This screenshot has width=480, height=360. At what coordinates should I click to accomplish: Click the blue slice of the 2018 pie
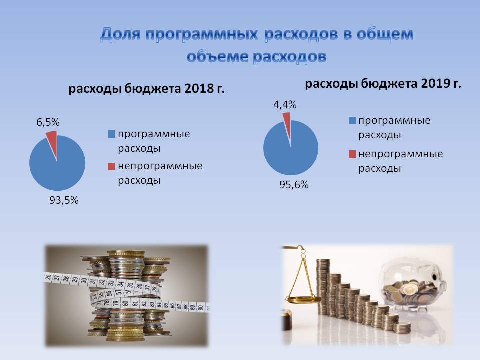pyautogui.click(x=57, y=167)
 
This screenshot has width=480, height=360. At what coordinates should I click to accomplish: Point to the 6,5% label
pyautogui.click(x=48, y=122)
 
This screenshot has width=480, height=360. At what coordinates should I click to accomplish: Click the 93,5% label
pyautogui.click(x=64, y=200)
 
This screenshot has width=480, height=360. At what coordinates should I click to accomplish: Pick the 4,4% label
pyautogui.click(x=285, y=105)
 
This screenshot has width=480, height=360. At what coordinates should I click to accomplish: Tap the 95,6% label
pyautogui.click(x=294, y=185)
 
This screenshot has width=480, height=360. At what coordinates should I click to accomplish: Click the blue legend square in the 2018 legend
pyautogui.click(x=111, y=134)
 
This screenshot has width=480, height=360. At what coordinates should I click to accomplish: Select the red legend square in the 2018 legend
pyautogui.click(x=111, y=166)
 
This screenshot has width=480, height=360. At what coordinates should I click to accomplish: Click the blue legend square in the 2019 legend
pyautogui.click(x=352, y=120)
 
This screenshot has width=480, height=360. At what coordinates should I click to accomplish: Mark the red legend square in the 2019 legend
pyautogui.click(x=352, y=154)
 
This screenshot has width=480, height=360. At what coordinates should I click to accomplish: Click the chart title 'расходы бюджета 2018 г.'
pyautogui.click(x=146, y=89)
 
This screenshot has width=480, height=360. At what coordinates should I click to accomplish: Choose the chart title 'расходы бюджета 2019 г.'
pyautogui.click(x=383, y=83)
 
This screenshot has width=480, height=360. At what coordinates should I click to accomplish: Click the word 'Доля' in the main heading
pyautogui.click(x=120, y=34)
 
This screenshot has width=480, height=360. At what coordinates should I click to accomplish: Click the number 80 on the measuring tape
pyautogui.click(x=125, y=303)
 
